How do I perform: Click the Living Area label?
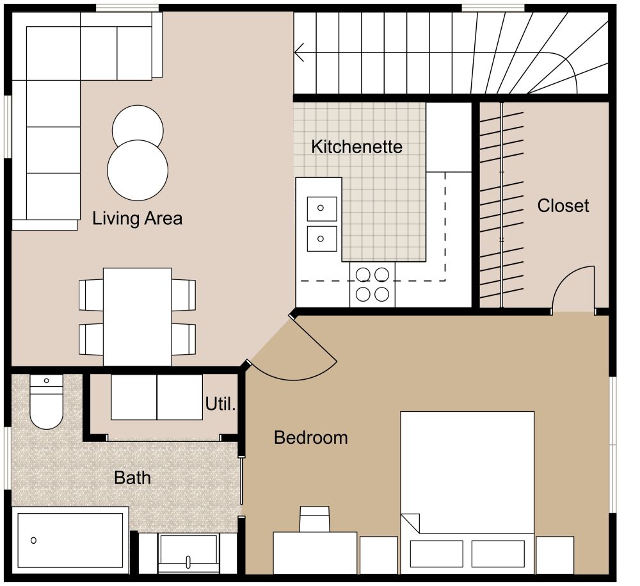point(137,218)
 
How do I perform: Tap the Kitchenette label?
point(356,147)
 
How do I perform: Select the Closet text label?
point(563,206)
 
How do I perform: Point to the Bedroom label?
point(310,438)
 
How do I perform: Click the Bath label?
point(132,478)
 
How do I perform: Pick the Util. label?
point(221,405)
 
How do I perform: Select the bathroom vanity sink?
point(188,552)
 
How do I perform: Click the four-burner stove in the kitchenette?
point(372,284)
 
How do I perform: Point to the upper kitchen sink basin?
point(321,208)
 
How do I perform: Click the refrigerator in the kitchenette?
point(449,136)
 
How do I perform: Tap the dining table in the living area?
point(138,316)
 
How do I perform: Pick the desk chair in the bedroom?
point(315,518)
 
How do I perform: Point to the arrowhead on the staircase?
point(299,52)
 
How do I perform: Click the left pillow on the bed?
point(436,553)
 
